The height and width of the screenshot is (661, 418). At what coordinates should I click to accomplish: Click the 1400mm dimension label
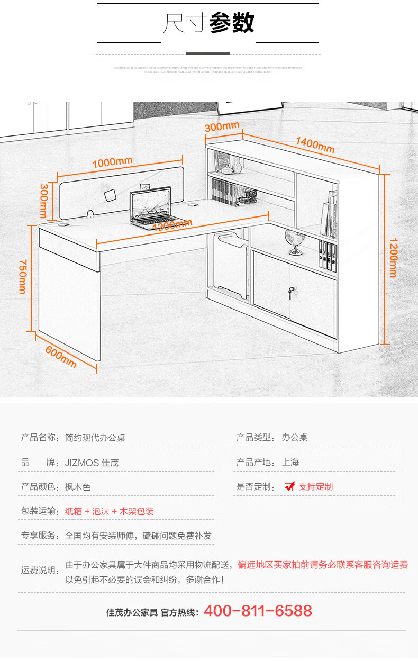[315, 144]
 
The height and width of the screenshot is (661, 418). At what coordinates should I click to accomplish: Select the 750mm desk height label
[22, 276]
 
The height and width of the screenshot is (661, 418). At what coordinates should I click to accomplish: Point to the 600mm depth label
[61, 357]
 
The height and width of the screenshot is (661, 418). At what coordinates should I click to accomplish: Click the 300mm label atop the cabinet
[222, 127]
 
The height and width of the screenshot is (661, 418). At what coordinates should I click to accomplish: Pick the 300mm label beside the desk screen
[44, 201]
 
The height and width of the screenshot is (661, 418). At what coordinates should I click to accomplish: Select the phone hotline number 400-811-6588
[258, 611]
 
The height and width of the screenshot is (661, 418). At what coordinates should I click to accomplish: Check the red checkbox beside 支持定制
[289, 487]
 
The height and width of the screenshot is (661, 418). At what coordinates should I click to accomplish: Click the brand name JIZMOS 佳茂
[92, 463]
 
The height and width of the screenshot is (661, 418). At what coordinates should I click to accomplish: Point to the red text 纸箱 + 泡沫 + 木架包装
[110, 511]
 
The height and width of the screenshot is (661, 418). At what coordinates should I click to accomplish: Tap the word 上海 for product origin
[290, 462]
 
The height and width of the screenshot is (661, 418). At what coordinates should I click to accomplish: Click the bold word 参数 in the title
[232, 23]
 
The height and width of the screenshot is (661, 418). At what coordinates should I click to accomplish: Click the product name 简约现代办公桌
[95, 438]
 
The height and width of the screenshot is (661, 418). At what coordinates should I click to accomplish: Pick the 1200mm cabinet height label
[393, 257]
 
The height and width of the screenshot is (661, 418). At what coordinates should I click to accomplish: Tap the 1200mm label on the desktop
[172, 226]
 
